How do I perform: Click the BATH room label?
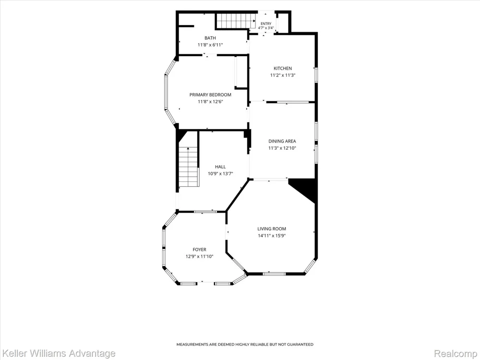click(210, 38)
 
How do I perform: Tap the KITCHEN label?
click(283, 68)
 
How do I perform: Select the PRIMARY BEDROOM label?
click(210, 95)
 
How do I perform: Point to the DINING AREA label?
click(282, 141)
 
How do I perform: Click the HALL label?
click(220, 167)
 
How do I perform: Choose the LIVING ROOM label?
click(272, 228)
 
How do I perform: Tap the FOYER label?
click(199, 250)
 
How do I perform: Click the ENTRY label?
click(266, 24)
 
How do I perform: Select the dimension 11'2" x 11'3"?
click(283, 75)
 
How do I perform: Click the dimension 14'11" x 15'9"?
click(272, 235)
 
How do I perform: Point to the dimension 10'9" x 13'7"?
click(220, 174)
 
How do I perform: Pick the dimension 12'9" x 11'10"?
click(199, 256)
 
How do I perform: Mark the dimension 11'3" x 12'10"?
click(282, 148)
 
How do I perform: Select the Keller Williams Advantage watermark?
click(58, 354)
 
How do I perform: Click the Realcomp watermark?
click(456, 354)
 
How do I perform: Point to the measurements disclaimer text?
click(245, 344)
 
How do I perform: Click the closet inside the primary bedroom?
click(241, 72)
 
